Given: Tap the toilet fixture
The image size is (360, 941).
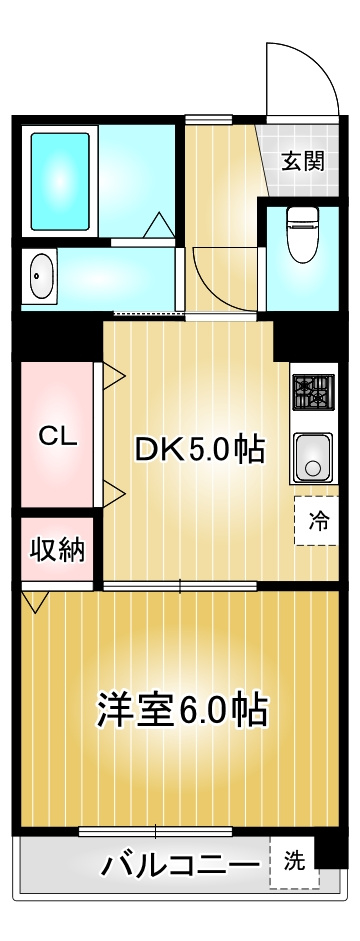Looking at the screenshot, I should point(300,231).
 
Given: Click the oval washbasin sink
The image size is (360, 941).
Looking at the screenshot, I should point(41,275).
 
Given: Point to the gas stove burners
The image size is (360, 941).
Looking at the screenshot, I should point(314,391).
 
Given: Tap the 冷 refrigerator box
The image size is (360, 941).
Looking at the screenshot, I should point(317,521).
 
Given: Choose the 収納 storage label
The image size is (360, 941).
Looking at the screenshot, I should point(56,549).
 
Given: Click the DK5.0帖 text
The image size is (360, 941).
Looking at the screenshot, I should point(199,451).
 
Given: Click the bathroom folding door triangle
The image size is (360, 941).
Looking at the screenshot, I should point(158,225).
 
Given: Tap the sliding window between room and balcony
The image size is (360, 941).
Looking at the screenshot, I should point(155,831).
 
